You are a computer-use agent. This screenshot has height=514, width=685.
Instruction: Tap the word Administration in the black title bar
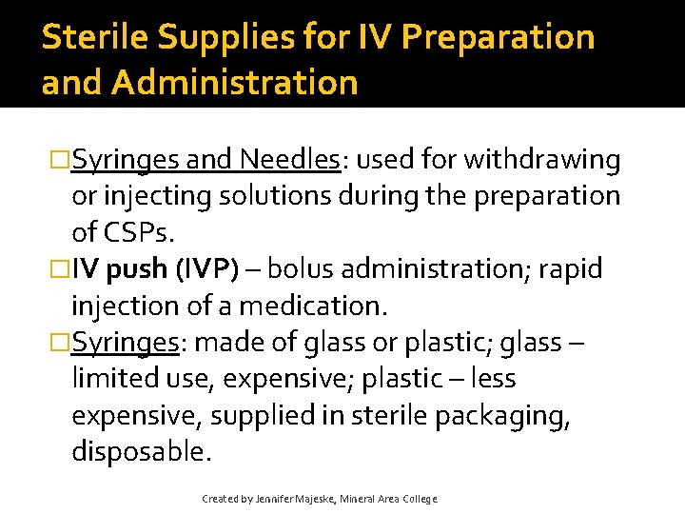tap(234, 82)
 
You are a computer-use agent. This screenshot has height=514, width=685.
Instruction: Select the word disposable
tap(140, 452)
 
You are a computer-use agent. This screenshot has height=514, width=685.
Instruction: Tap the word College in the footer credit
tap(420, 499)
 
